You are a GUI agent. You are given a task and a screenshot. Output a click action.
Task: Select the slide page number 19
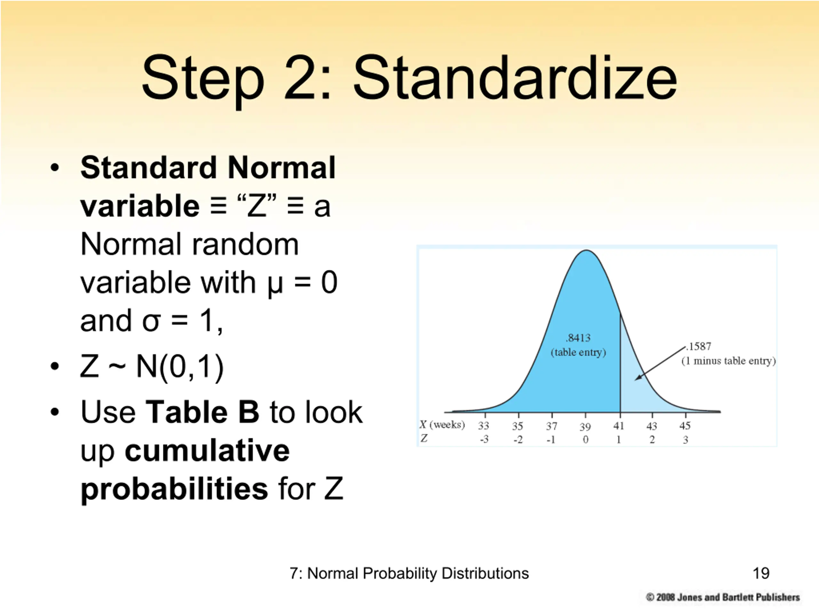761,573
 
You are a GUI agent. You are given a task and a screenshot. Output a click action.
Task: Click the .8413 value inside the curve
578,338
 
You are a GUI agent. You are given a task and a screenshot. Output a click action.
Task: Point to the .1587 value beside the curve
698,346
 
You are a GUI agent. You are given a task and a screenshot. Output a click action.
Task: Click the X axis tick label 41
619,426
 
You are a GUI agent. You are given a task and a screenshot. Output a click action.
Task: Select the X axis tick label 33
483,426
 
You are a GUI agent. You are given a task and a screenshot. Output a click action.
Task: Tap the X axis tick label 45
685,426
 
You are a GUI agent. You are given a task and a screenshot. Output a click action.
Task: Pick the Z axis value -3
484,439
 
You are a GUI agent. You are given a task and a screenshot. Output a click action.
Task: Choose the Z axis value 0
585,440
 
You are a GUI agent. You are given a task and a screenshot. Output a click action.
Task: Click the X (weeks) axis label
442,425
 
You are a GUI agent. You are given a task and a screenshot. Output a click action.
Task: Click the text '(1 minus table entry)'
728,361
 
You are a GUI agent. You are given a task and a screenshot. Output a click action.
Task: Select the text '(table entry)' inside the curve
578,352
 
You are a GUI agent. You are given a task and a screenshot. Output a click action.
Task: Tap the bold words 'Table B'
202,412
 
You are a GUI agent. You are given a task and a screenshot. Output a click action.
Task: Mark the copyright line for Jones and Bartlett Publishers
722,597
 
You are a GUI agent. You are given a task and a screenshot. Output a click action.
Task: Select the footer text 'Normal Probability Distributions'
418,574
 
